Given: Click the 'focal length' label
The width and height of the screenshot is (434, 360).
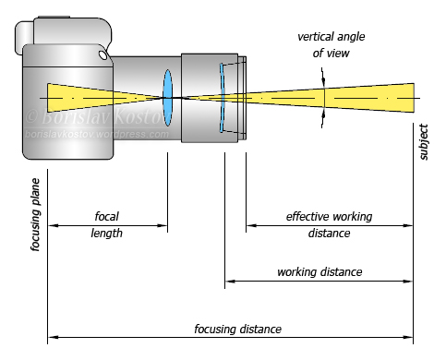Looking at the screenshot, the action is (x=106, y=225).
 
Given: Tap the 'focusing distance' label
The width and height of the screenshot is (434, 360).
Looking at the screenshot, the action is (x=237, y=329).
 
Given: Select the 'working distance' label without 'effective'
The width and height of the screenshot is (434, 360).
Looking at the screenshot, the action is (x=319, y=272).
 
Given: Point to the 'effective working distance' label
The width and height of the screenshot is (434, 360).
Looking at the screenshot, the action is (x=329, y=225).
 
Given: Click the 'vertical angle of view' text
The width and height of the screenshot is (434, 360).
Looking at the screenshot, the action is (x=332, y=45).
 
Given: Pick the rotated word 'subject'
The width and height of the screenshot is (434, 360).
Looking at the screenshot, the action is (x=424, y=142).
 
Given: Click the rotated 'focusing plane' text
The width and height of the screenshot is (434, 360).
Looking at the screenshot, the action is (x=35, y=215).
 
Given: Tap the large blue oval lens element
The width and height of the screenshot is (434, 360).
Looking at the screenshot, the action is (x=167, y=98).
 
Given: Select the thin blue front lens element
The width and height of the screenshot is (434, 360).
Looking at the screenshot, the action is (x=222, y=98).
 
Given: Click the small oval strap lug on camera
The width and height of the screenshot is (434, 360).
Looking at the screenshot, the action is (x=102, y=55).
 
